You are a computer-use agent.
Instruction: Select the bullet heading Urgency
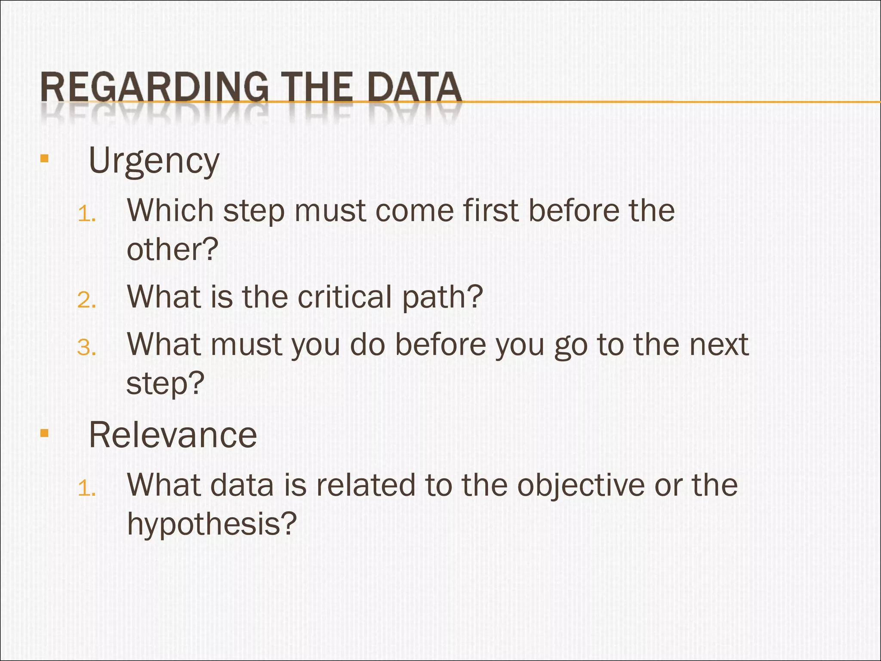[154, 161]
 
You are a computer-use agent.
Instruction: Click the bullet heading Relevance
[173, 435]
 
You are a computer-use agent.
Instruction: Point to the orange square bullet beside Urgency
[44, 158]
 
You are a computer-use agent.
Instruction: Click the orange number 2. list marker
[86, 300]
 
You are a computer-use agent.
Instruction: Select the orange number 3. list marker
[86, 347]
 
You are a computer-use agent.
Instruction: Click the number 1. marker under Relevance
[86, 488]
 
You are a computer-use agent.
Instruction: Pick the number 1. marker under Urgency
[86, 214]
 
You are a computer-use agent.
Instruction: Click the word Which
[170, 211]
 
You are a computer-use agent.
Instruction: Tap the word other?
[173, 250]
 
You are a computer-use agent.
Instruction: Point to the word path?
[442, 298]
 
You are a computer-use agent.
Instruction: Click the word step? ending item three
[165, 384]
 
